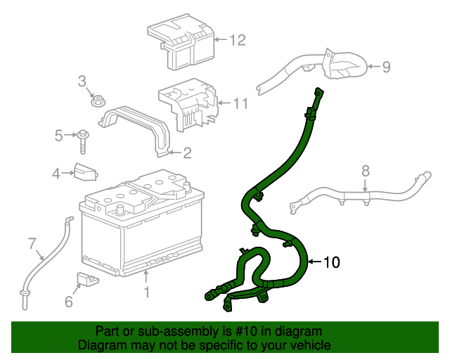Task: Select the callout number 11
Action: point(240,103)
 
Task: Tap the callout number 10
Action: point(331,263)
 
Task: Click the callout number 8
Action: point(365,171)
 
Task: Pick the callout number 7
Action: point(32,244)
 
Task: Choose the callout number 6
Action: point(68,302)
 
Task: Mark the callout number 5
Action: point(59,134)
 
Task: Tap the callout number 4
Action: point(57,173)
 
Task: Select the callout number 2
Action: point(187,153)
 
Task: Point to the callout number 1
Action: point(146,290)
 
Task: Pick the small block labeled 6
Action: point(86,279)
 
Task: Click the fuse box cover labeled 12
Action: point(181,44)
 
